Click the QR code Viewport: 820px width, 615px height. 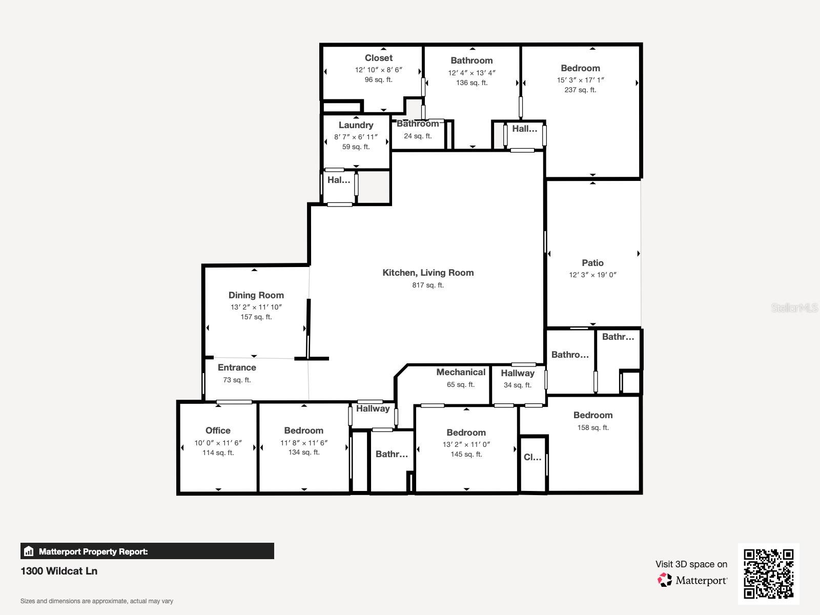tap(768, 573)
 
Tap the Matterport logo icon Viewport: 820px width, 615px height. tap(665, 580)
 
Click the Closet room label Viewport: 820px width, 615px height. tap(378, 58)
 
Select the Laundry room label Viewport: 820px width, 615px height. tap(356, 125)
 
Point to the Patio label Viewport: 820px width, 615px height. tap(592, 263)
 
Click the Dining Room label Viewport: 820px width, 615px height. tap(256, 295)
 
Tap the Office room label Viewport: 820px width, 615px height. tap(218, 430)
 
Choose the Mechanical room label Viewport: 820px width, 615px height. tap(461, 372)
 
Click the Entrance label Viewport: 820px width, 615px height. tap(237, 367)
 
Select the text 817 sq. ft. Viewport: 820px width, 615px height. tap(428, 285)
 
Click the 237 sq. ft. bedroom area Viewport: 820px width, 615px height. tap(580, 90)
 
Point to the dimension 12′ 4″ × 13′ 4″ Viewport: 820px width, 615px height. tap(471, 72)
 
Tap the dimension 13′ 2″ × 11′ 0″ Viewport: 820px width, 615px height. tap(466, 444)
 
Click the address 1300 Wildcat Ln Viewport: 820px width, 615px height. tap(58, 571)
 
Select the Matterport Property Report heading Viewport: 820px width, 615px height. tap(93, 551)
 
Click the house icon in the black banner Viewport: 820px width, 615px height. tap(29, 551)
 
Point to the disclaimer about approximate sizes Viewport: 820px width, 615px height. tap(97, 601)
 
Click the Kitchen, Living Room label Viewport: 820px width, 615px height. tap(428, 273)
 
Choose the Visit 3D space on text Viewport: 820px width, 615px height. tap(691, 564)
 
